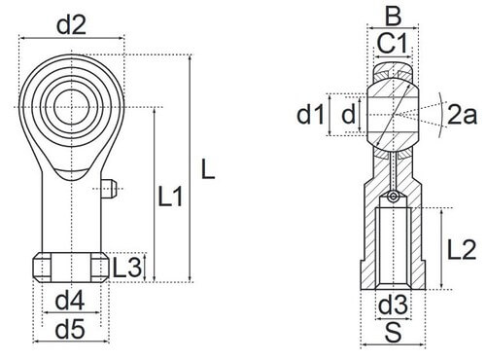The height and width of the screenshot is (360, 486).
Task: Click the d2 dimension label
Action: click(71, 25)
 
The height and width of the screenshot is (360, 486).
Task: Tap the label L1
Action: click(171, 197)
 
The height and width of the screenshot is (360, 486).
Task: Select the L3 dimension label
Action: click(127, 268)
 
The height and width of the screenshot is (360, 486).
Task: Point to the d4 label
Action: click(70, 300)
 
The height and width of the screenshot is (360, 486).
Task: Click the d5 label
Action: click(70, 329)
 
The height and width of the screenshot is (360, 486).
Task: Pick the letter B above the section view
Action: click(394, 16)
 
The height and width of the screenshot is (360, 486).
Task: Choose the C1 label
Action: click(392, 44)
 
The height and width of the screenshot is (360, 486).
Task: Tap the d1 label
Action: click(310, 115)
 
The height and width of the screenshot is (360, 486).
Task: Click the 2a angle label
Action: click(462, 115)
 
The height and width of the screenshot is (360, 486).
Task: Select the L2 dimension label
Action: click(462, 250)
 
